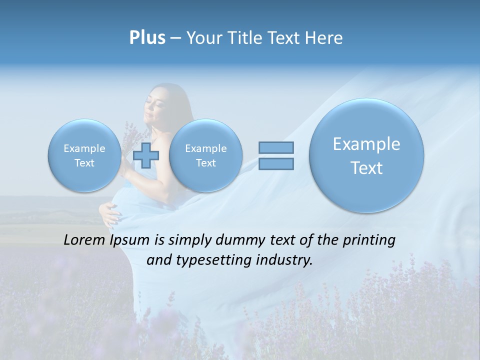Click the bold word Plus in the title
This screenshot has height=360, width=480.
[147, 38]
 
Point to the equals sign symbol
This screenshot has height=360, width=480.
[276, 155]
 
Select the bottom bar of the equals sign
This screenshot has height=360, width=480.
[276, 163]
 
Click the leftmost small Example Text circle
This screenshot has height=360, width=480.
[84, 155]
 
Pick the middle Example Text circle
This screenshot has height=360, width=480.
[205, 155]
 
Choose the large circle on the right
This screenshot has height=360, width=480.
[366, 155]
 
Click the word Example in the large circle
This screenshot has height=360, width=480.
[366, 144]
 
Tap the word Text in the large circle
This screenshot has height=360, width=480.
[366, 168]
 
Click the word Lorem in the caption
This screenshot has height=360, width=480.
[84, 240]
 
